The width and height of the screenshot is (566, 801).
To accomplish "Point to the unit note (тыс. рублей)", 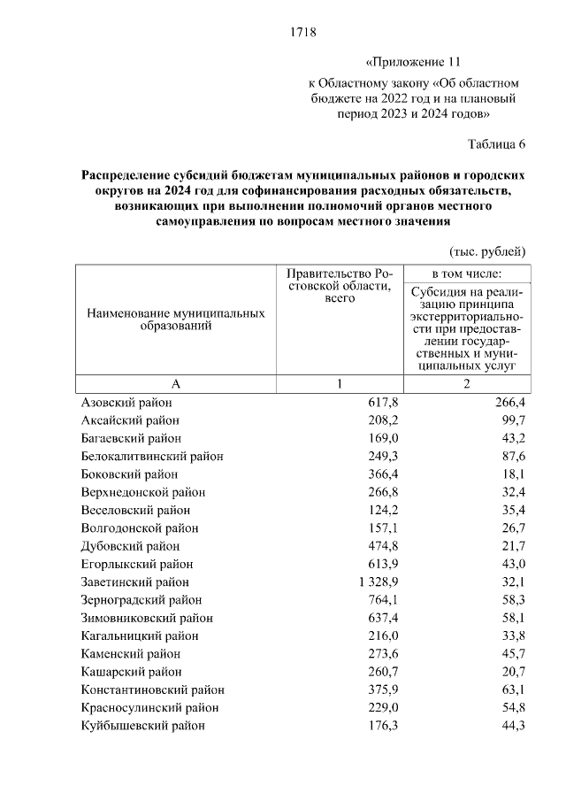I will [488, 251].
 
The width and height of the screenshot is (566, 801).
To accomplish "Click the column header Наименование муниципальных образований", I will [175, 320].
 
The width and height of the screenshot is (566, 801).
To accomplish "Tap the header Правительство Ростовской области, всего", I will [339, 286].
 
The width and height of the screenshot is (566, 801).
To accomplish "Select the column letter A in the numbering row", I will [175, 383].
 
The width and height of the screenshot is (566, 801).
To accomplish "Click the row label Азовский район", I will [126, 402].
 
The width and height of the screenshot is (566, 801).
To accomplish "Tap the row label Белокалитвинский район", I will [152, 456].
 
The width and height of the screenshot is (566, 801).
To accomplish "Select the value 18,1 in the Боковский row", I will [512, 474].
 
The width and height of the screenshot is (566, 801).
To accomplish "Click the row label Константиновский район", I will [152, 689].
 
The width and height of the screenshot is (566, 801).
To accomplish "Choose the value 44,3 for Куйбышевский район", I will [512, 726].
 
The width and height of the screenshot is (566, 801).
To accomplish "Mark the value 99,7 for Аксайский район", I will [512, 420].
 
